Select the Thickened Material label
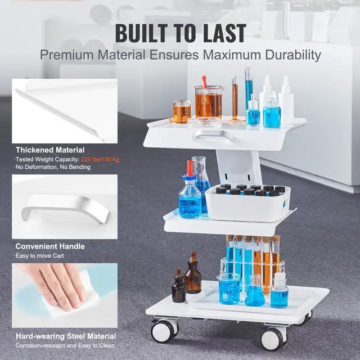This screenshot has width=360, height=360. point(50,150)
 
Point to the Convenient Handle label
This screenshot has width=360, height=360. point(50,246)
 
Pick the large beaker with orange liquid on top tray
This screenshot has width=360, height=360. point(208,102)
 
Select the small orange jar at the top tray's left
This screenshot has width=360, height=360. point(182,111)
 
